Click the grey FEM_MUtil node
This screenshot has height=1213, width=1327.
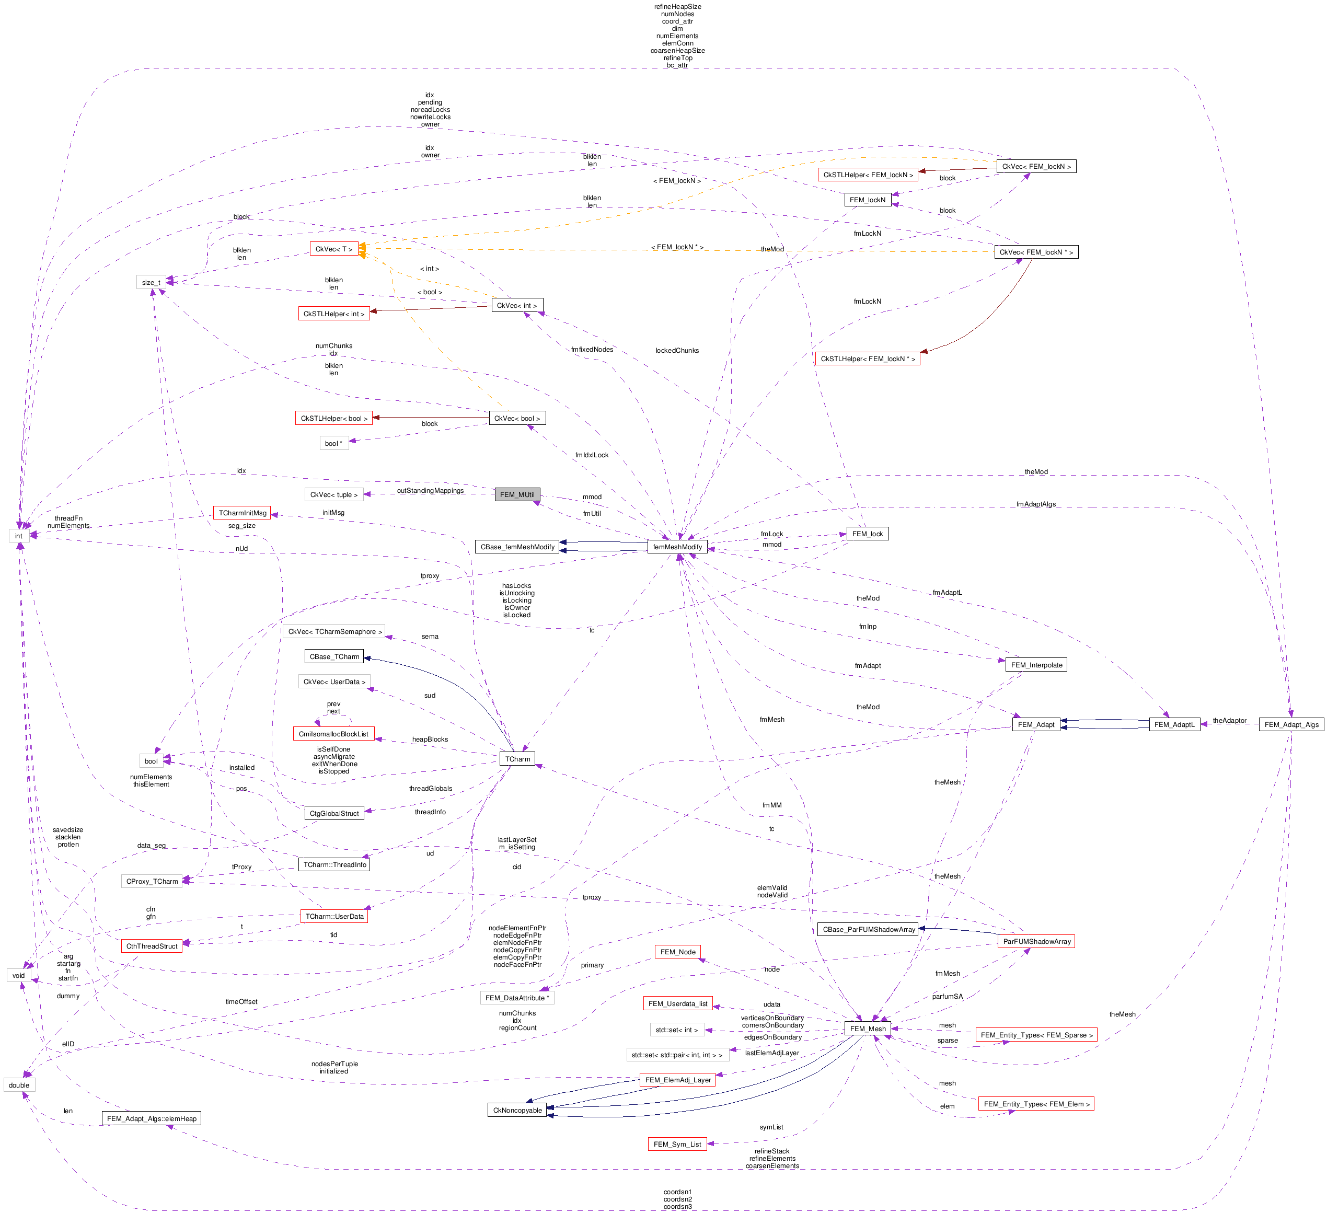coord(517,494)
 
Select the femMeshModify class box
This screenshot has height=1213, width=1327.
coord(677,547)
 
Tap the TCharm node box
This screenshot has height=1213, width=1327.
coord(517,759)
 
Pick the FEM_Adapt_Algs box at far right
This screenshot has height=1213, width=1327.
coord(1291,725)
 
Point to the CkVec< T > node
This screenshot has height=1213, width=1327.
coord(334,249)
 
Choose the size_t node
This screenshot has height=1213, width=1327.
coord(151,282)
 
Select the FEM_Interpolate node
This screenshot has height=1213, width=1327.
coord(1036,665)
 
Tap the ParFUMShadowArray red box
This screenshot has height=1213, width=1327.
coord(1036,941)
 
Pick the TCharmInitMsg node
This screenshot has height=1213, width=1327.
coord(242,513)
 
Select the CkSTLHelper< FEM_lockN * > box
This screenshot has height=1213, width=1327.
coord(867,359)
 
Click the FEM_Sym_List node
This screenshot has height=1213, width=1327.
coord(677,1144)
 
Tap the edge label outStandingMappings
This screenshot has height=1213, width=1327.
coord(430,490)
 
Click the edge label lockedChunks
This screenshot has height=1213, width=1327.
coord(677,350)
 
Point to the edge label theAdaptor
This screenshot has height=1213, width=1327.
coord(1229,720)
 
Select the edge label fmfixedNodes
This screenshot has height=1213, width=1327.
coord(592,350)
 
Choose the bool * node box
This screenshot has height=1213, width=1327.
coord(334,443)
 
